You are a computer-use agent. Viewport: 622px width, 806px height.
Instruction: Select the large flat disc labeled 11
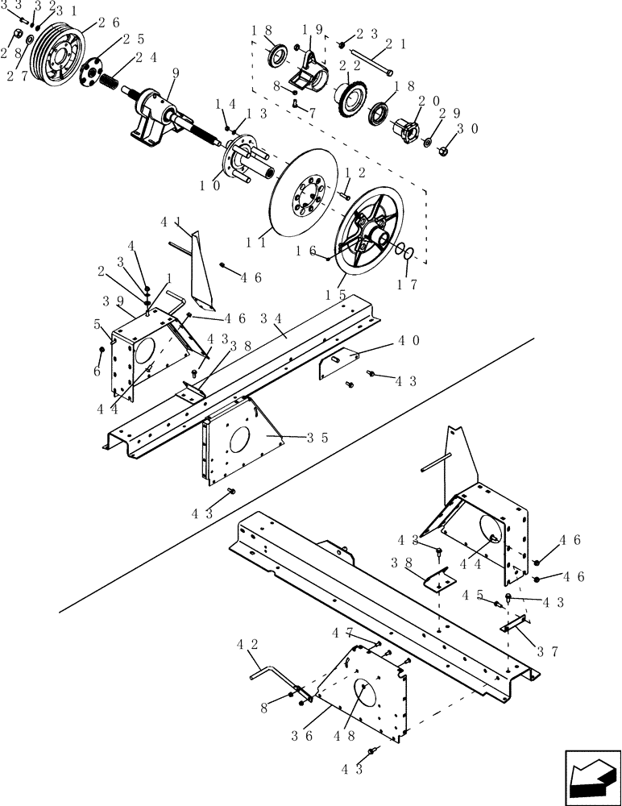307,194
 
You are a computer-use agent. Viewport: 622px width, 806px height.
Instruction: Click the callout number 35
317,438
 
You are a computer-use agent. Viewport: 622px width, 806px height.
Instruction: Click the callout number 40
408,341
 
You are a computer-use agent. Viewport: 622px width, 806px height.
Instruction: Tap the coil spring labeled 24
107,78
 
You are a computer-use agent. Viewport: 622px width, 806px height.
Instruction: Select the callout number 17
408,285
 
